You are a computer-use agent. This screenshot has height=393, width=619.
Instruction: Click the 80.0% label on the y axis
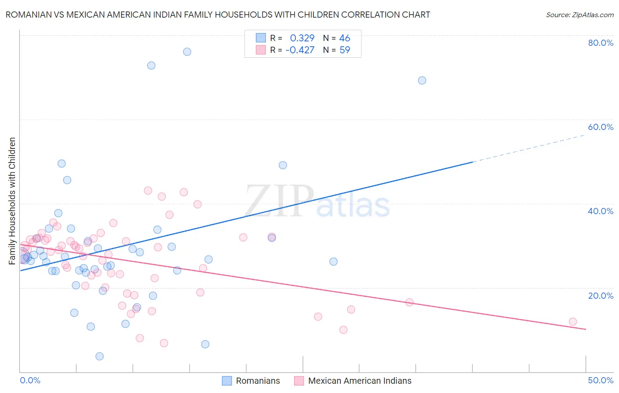pyautogui.click(x=601, y=43)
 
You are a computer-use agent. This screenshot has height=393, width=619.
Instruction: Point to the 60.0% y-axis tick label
pyautogui.click(x=601, y=127)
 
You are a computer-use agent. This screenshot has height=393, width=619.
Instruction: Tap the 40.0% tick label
pyautogui.click(x=601, y=211)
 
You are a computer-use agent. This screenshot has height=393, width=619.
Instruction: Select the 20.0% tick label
pyautogui.click(x=601, y=296)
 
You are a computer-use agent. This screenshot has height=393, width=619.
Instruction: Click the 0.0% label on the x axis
pyautogui.click(x=30, y=380)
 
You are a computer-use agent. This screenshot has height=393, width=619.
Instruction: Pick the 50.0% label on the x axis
pyautogui.click(x=601, y=380)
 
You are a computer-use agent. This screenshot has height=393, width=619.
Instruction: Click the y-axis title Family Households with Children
pyautogui.click(x=12, y=201)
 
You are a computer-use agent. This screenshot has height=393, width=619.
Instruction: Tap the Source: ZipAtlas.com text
pyautogui.click(x=579, y=15)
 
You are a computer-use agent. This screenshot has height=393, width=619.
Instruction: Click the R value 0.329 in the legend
pyautogui.click(x=302, y=38)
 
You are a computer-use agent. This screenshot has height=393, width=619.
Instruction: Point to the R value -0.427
pyautogui.click(x=300, y=50)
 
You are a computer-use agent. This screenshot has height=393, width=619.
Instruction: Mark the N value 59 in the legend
pyautogui.click(x=345, y=50)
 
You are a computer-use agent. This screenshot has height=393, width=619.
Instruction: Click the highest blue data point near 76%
pyautogui.click(x=187, y=52)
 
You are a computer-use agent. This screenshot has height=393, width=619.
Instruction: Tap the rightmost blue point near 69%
pyautogui.click(x=422, y=80)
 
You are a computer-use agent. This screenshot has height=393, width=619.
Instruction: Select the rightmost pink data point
pyautogui.click(x=573, y=322)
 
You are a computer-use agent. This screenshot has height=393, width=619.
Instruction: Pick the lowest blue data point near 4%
pyautogui.click(x=99, y=356)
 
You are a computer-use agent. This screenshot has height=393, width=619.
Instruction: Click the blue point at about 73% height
pyautogui.click(x=151, y=65)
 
